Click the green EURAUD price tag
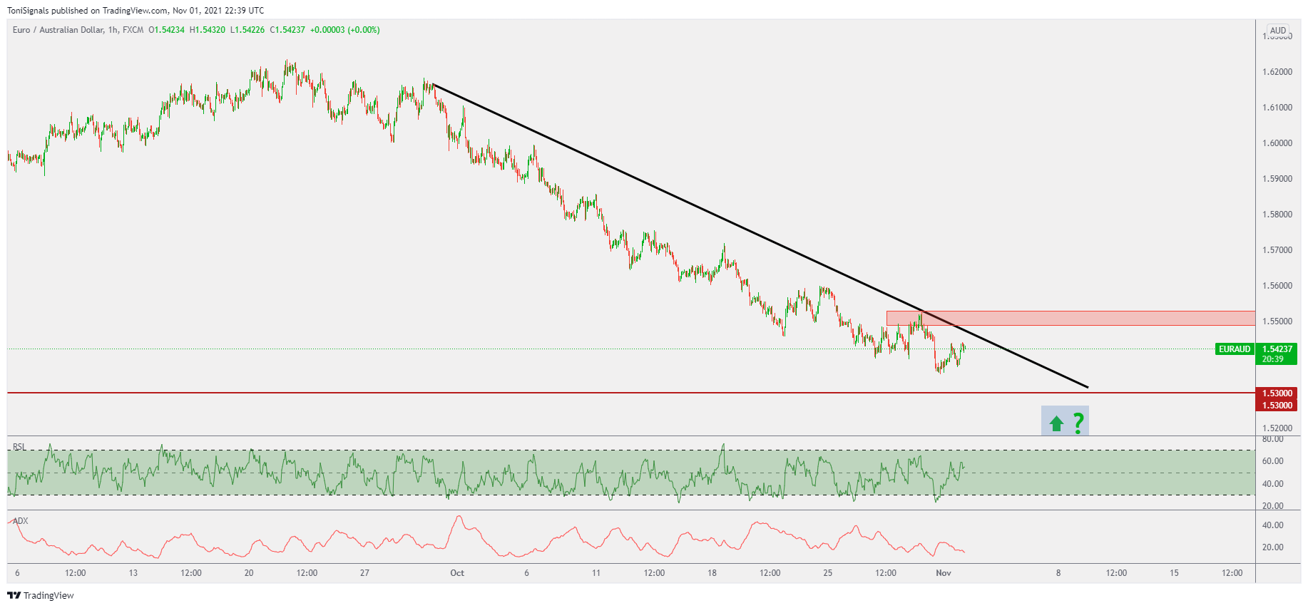pyautogui.click(x=1235, y=349)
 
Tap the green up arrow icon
pyautogui.click(x=1056, y=424)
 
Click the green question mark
pyautogui.click(x=1078, y=423)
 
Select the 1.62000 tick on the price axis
pyautogui.click(x=1277, y=72)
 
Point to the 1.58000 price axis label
pyautogui.click(x=1277, y=215)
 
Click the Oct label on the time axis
pyautogui.click(x=457, y=573)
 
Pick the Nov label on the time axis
pyautogui.click(x=944, y=573)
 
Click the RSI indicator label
pyautogui.click(x=19, y=447)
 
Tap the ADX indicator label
pyautogui.click(x=21, y=521)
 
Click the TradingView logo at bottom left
pyautogui.click(x=41, y=596)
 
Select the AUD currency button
pyautogui.click(x=1278, y=31)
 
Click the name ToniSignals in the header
pyautogui.click(x=28, y=11)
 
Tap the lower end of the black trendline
pyautogui.click(x=1087, y=387)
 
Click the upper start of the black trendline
pyautogui.click(x=434, y=85)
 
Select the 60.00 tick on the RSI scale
pyautogui.click(x=1272, y=461)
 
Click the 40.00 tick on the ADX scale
pyautogui.click(x=1272, y=525)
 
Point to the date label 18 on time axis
pyautogui.click(x=712, y=573)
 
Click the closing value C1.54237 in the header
pyautogui.click(x=287, y=30)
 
